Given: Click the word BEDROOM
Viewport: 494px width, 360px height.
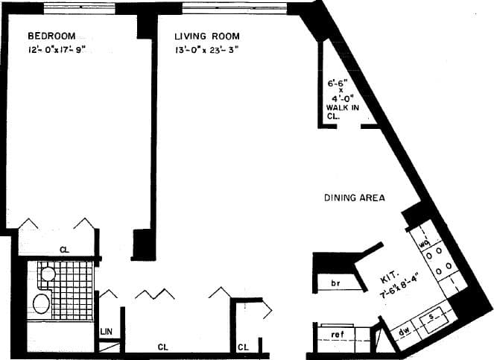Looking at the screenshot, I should tap(51, 36).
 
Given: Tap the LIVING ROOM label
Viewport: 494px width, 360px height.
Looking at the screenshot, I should tap(207, 36).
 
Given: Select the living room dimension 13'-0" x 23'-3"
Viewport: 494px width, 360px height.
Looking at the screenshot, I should tap(206, 51).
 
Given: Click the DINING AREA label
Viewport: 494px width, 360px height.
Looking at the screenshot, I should tap(354, 198).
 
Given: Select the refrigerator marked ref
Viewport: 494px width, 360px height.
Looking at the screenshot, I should tap(337, 335).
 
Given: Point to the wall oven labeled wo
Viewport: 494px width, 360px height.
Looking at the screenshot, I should tap(423, 242).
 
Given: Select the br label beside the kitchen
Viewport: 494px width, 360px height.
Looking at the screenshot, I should tap(335, 284).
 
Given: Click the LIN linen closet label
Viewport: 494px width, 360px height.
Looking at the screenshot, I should tap(107, 330).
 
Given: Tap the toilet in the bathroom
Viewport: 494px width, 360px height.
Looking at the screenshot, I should tap(41, 303).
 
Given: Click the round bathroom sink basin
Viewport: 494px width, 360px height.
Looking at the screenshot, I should tap(48, 274).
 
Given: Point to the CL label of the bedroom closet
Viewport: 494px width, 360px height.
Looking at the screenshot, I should tap(65, 250).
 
